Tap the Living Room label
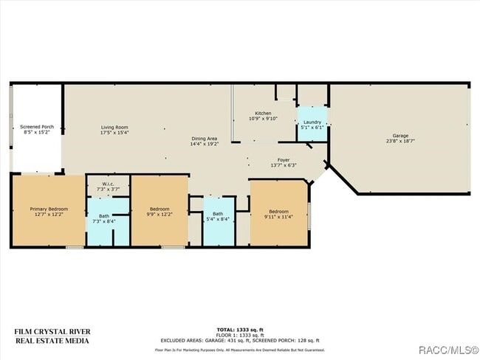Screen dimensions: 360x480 114,127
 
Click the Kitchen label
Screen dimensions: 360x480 263,113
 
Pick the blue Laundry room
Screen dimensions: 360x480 312,125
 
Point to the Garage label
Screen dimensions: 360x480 400,135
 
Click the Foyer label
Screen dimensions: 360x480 284,159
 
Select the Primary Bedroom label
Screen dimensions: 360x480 48,209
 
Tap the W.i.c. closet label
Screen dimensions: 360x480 108,184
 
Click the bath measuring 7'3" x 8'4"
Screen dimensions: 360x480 104,219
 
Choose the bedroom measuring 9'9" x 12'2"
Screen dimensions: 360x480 160,212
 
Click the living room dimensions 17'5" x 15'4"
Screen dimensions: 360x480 114,133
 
